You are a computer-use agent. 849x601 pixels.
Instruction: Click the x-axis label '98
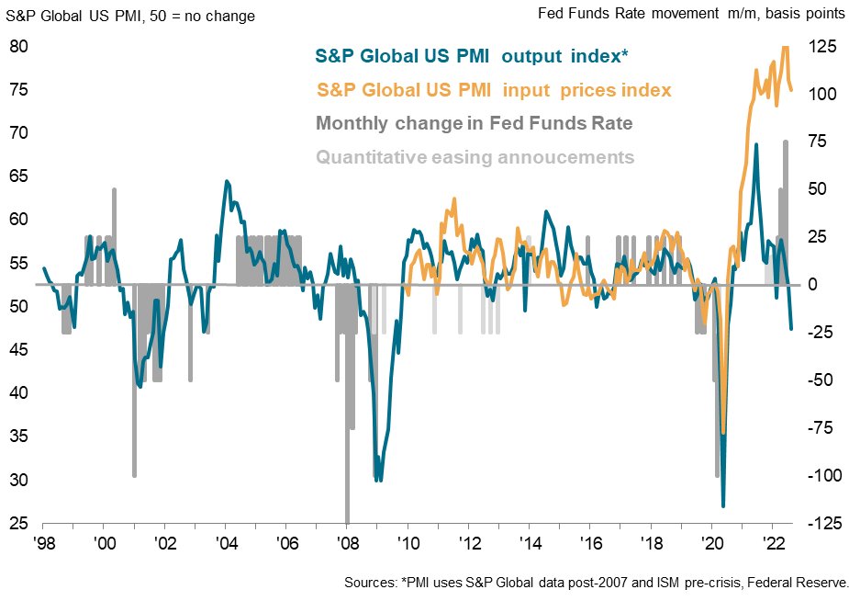pos(42,542)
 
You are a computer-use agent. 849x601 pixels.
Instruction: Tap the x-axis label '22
pos(773,542)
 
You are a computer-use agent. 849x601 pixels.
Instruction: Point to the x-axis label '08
pos(347,542)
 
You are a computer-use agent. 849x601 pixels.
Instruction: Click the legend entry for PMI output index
pos(472,56)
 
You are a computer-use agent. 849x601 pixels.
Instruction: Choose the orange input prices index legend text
pos(494,90)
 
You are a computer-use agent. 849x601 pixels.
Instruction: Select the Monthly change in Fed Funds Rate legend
pos(475,123)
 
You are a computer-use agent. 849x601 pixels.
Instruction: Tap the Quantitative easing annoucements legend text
pos(475,157)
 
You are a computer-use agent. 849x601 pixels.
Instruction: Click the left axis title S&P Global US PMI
pos(130,17)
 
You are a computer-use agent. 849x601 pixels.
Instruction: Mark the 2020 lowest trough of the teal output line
pos(723,505)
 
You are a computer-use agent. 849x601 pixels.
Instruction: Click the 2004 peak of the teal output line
pos(227,182)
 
